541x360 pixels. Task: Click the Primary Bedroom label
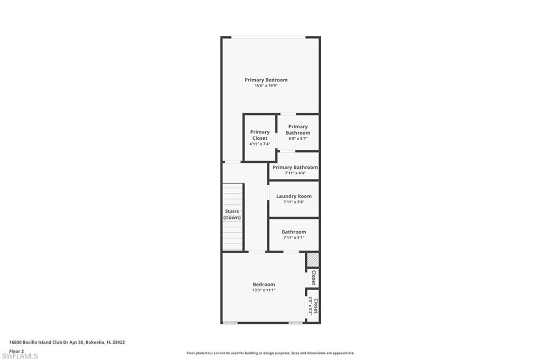coord(266,80)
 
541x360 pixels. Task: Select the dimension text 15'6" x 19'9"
coord(266,86)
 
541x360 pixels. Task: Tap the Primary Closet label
coord(259,135)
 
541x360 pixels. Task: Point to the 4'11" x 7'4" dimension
coord(259,144)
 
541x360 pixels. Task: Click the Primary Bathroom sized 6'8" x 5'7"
coord(298,130)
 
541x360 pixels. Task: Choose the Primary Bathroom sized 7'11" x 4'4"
coord(295,167)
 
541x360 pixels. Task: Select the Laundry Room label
coord(294,196)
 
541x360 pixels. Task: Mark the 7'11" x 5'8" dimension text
coord(294,202)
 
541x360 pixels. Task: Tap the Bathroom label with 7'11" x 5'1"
coord(294,232)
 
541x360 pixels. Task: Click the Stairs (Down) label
coord(232,214)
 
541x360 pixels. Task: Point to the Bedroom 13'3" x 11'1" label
coord(264,284)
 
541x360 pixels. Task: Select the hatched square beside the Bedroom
coord(313,260)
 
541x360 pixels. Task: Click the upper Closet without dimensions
coord(313,278)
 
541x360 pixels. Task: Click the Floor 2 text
coord(16,350)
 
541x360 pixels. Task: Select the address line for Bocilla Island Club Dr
coord(67,342)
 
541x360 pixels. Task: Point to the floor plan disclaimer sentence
coord(270,353)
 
